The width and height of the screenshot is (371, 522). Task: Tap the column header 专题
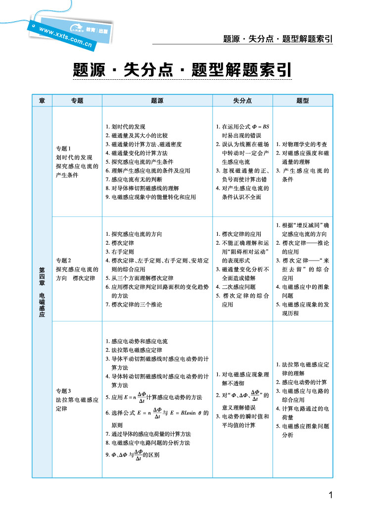click(77, 101)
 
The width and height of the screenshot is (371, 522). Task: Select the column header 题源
click(157, 101)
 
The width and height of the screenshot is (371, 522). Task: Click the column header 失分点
click(242, 101)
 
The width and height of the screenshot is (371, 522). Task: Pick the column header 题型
click(303, 101)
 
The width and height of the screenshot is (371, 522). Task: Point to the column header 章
click(42, 101)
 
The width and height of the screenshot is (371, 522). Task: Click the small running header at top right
click(277, 39)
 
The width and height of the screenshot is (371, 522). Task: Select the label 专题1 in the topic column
click(64, 149)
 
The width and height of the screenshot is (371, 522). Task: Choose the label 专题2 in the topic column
click(64, 261)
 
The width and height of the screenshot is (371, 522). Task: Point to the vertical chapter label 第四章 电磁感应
click(42, 292)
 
